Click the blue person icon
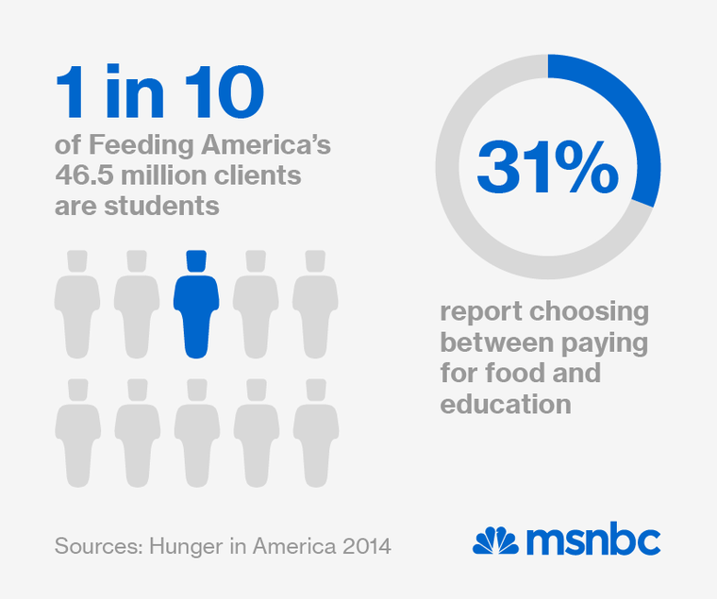coord(196,307)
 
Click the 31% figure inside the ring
coord(547,168)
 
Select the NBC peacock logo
coord(495,541)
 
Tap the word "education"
coord(506,405)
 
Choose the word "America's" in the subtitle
coord(272,147)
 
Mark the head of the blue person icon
coord(196,261)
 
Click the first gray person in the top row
coord(77,307)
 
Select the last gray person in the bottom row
coord(315,434)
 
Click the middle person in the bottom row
coord(196,434)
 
